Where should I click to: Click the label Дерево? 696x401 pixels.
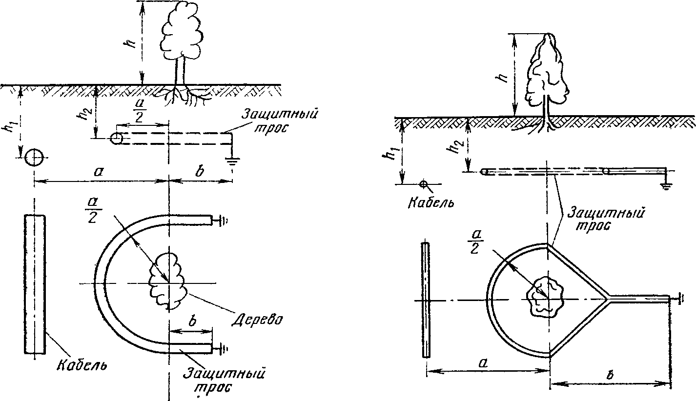(258, 320)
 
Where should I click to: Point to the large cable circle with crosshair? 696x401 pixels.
(34, 158)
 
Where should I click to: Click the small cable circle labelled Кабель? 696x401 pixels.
(423, 184)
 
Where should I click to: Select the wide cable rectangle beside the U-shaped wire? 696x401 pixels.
(35, 284)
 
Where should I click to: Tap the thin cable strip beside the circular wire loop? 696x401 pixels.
(426, 300)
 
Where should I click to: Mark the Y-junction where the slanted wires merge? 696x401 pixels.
(607, 299)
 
